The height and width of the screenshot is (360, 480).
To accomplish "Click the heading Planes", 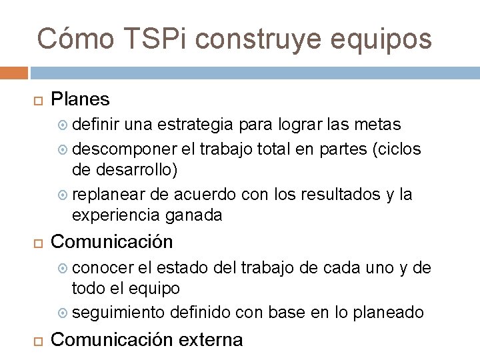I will (x=80, y=99).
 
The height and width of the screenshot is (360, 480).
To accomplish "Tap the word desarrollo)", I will (x=125, y=170).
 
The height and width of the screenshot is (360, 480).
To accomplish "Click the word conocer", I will (x=103, y=267).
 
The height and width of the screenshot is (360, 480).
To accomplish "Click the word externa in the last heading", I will (x=211, y=339).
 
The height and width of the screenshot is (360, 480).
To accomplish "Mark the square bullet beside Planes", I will (x=37, y=101).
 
